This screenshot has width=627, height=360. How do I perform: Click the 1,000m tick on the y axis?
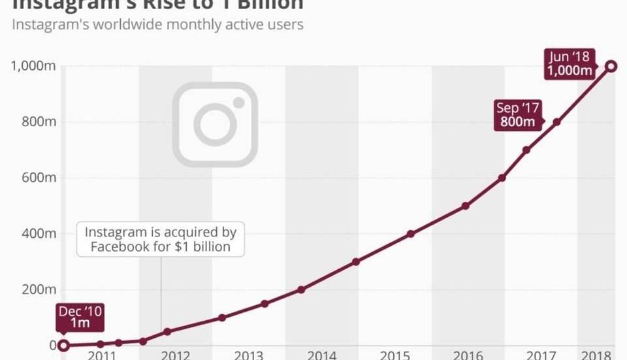click(33, 66)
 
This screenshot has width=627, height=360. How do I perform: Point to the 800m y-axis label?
click(37, 122)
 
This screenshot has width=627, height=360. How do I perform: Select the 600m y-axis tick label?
click(37, 178)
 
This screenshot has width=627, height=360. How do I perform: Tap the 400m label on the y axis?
click(37, 234)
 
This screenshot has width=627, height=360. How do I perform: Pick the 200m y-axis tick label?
click(37, 289)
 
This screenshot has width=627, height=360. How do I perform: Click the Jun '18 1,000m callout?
click(569, 64)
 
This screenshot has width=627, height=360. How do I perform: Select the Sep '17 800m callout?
click(518, 115)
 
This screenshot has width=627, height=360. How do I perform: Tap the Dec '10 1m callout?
click(80, 317)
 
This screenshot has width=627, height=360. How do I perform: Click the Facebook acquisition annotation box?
click(160, 239)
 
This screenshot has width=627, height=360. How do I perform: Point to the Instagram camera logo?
click(215, 124)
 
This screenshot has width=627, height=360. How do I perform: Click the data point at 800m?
click(557, 122)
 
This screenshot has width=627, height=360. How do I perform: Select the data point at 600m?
click(502, 178)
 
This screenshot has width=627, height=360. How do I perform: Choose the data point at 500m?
click(465, 206)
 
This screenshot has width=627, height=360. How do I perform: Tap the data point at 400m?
click(411, 234)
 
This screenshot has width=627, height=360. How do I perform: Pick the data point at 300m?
click(356, 262)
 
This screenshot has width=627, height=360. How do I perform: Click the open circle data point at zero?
click(63, 346)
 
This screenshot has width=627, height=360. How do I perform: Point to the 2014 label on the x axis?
click(322, 355)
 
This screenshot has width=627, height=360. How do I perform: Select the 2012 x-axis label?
click(175, 355)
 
